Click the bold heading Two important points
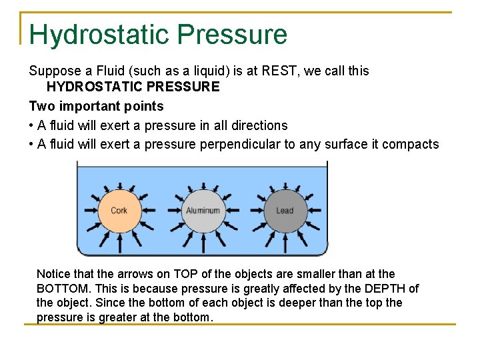[x=96, y=106]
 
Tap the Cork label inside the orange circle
[x=119, y=211]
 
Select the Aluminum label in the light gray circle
[x=203, y=211]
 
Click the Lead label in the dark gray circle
[x=285, y=211]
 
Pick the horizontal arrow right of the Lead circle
[x=317, y=211]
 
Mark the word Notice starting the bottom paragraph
[x=53, y=274]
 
